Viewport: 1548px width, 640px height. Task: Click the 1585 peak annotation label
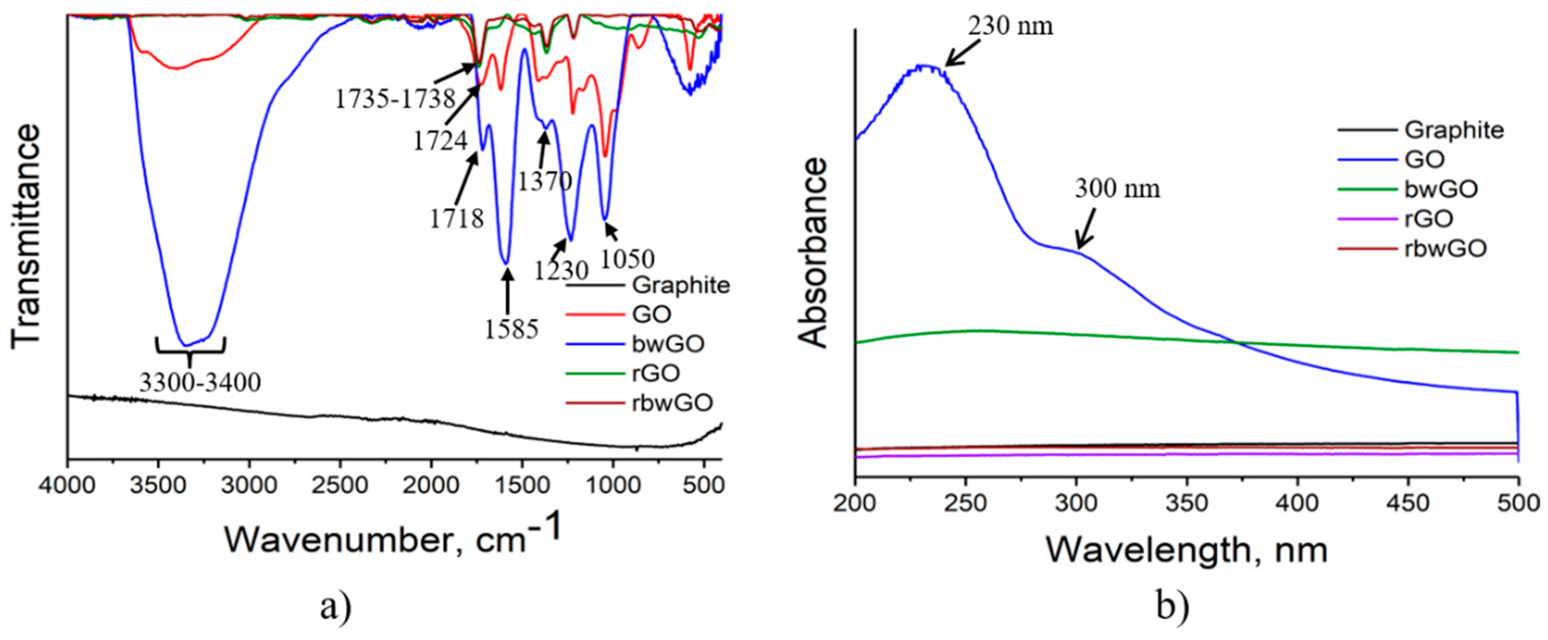pos(512,329)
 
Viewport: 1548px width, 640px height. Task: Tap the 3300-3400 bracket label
pos(200,382)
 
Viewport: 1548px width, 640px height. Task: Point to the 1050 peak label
pos(627,259)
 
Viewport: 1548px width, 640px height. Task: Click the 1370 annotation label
pos(544,180)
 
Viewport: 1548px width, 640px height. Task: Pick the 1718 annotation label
pos(456,219)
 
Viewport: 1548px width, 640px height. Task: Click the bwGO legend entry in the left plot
pos(668,344)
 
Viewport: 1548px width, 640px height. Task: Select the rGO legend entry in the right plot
pos(1428,219)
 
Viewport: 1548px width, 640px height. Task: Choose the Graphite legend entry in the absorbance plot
pos(1453,130)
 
